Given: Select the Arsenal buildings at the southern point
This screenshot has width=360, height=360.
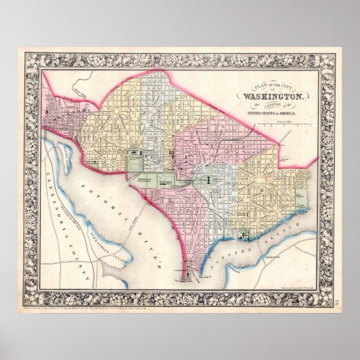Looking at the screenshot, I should coord(190,271).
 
